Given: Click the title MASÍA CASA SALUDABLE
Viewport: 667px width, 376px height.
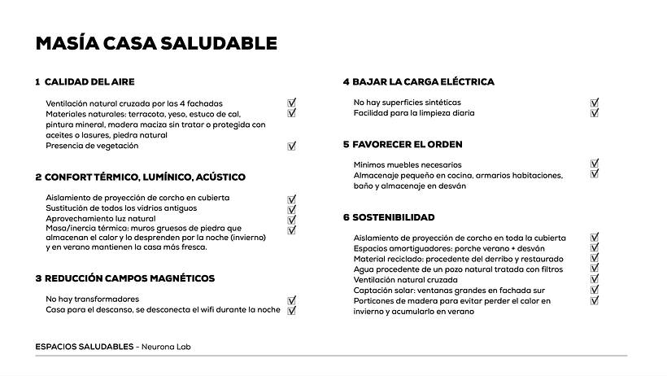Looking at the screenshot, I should pos(156,43).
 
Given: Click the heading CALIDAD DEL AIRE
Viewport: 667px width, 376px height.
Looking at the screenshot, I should pos(89,82).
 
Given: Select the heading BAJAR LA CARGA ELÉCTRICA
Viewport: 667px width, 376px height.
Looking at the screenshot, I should pos(423,82).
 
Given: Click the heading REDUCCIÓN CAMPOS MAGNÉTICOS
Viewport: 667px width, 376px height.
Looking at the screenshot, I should pos(129,278).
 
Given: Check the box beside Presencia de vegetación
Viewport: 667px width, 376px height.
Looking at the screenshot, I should pos(292,146).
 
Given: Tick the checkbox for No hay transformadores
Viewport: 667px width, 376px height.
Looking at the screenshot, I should pos(292,299).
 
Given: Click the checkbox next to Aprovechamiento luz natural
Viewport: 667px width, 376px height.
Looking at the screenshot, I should pos(292,220).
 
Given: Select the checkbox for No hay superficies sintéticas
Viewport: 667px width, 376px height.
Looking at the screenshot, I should pos(595,103).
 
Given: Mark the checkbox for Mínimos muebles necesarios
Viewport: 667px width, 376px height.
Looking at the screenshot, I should pos(595,164).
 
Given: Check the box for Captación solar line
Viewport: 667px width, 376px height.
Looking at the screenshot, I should pos(595,290).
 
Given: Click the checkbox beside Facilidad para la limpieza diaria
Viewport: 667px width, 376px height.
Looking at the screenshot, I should pos(595,113).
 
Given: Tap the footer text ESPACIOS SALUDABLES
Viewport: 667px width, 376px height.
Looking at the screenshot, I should pos(85,347).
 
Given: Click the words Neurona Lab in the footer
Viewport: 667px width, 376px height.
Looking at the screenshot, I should pos(166,347).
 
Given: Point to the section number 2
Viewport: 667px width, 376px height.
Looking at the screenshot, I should pos(38,177).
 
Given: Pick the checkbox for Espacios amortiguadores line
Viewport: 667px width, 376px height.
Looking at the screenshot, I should pos(595,248).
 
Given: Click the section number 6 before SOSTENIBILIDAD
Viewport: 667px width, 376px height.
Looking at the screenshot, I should pos(346,218).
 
